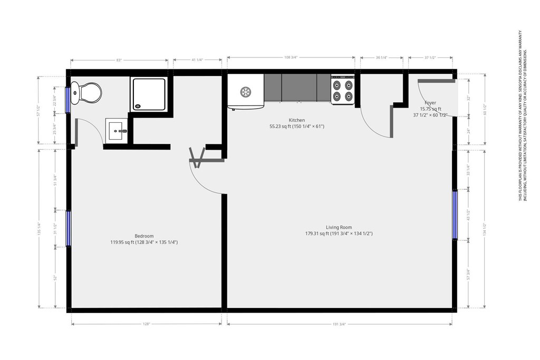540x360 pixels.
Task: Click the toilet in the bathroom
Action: click(x=88, y=93)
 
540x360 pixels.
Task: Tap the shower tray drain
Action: click(x=139, y=105)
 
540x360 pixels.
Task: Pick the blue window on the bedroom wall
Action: click(x=69, y=228)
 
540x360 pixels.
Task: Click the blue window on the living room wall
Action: click(x=455, y=214)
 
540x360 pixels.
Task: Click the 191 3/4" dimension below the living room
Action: click(x=339, y=324)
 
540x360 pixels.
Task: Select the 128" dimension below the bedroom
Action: click(x=147, y=324)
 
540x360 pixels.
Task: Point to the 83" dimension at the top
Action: click(x=119, y=60)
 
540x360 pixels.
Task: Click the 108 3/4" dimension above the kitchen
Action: click(x=291, y=57)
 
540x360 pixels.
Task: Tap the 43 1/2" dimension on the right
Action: click(x=468, y=215)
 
